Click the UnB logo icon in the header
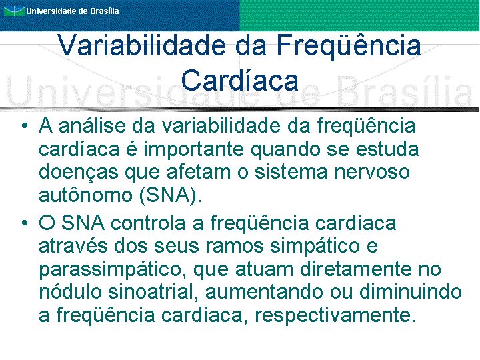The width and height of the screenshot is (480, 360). pyautogui.click(x=14, y=11)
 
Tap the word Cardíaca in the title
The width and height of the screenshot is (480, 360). pyautogui.click(x=240, y=81)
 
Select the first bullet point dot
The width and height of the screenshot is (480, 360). pyautogui.click(x=25, y=125)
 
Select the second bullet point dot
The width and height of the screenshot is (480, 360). pyautogui.click(x=25, y=223)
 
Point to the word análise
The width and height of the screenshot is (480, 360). pyautogui.click(x=92, y=126)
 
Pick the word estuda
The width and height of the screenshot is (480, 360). pyautogui.click(x=387, y=149)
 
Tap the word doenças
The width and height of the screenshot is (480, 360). pyautogui.click(x=79, y=173)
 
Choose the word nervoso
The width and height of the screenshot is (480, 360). pyautogui.click(x=371, y=173)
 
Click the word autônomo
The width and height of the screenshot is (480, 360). pyautogui.click(x=85, y=195)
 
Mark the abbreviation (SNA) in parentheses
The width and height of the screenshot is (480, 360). pyautogui.click(x=171, y=195)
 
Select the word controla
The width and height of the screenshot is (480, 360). pyautogui.click(x=148, y=223)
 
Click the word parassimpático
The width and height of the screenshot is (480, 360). pyautogui.click(x=113, y=269)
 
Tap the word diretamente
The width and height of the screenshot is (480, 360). pyautogui.click(x=356, y=269)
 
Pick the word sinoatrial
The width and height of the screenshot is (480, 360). pyautogui.click(x=151, y=292)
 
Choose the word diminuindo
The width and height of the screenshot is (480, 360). pyautogui.click(x=410, y=292)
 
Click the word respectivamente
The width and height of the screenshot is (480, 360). pyautogui.click(x=335, y=315)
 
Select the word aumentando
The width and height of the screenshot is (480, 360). pyautogui.click(x=264, y=292)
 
